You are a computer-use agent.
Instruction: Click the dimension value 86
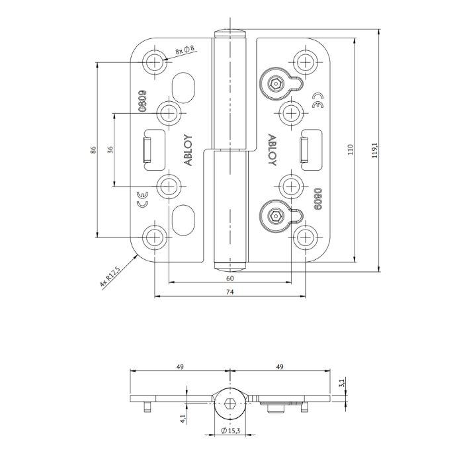coord(93,149)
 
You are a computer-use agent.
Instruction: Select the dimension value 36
coord(110,149)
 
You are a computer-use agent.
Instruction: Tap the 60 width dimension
coord(230,278)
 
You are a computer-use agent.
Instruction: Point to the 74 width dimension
coord(230,292)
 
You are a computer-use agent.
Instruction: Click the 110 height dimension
coord(351,149)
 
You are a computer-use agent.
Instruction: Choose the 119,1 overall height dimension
coord(374,149)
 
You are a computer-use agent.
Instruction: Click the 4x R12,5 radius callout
coord(109,276)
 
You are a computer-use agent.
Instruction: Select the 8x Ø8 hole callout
coord(185,50)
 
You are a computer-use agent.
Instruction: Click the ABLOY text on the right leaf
coord(272,150)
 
